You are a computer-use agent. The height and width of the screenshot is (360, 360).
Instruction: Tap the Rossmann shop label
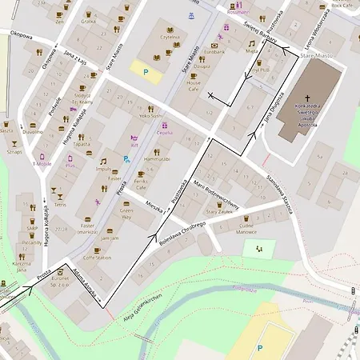click(x=238, y=14)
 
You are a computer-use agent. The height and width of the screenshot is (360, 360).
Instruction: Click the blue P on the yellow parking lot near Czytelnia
click(x=145, y=71)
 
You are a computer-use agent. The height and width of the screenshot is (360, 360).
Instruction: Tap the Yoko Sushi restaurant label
click(x=150, y=115)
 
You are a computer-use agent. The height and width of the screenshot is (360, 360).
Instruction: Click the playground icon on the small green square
click(x=258, y=248)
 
